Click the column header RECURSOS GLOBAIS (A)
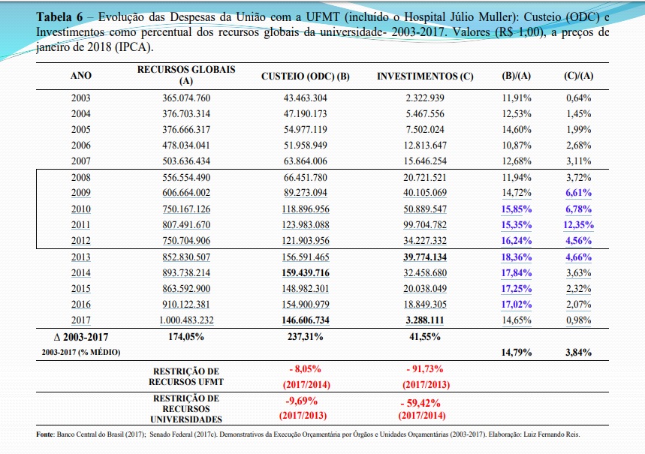click(186, 75)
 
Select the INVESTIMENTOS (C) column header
click(425, 76)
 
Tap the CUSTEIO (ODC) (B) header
click(305, 76)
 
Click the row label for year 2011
click(80, 225)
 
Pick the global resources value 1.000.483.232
click(186, 320)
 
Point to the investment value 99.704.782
click(425, 225)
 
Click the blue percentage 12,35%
click(578, 225)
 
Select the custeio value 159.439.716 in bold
click(306, 272)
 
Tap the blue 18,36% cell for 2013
click(517, 257)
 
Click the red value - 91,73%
click(425, 369)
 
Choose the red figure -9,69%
click(302, 401)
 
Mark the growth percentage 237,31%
click(305, 337)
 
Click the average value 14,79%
click(517, 353)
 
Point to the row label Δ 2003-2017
click(81, 337)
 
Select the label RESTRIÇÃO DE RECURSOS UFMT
click(186, 376)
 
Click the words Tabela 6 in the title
click(59, 17)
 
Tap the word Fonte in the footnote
click(45, 434)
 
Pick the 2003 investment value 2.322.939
click(425, 98)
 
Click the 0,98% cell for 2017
click(578, 320)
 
